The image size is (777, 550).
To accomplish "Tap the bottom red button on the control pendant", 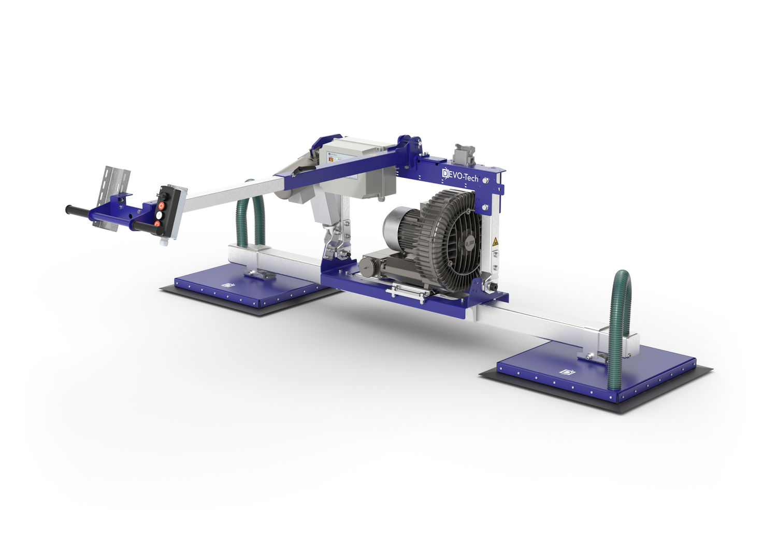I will (x=157, y=223).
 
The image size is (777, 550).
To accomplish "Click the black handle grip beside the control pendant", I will (x=144, y=225).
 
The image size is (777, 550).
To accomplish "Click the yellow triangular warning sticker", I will (x=495, y=242).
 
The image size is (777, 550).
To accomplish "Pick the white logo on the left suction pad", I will (x=225, y=285).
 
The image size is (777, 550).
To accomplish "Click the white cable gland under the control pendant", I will (x=164, y=242).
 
